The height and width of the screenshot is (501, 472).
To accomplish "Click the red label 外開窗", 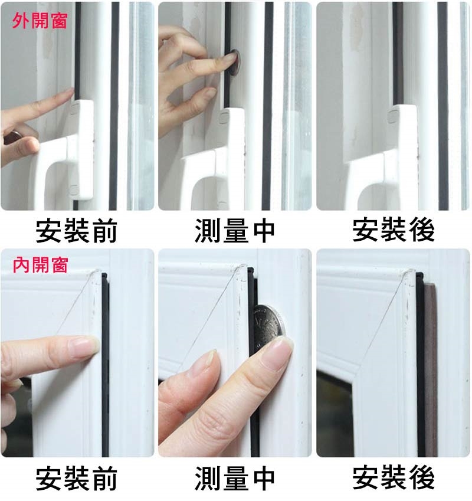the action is pyautogui.click(x=40, y=21).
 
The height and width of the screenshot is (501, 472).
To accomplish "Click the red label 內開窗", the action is pyautogui.click(x=40, y=264).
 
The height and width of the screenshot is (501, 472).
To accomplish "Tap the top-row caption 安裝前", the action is pyautogui.click(x=76, y=230).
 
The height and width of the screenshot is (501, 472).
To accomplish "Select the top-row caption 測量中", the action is pyautogui.click(x=235, y=230).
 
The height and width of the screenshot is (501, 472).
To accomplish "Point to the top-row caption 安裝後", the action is pyautogui.click(x=393, y=230).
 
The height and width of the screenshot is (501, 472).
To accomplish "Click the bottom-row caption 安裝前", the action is pyautogui.click(x=76, y=478).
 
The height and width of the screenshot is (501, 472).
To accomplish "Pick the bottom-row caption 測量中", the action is pyautogui.click(x=235, y=478).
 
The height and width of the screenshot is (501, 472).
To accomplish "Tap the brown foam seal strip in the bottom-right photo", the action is pyautogui.click(x=430, y=368).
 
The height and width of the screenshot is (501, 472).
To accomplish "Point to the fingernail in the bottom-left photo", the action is pyautogui.click(x=84, y=345).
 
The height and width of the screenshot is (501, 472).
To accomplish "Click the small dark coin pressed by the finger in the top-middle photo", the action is pyautogui.click(x=234, y=63).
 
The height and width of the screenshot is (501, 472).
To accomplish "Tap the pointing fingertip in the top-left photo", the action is pyautogui.click(x=68, y=92).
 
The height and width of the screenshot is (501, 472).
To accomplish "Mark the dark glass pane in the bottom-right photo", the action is pyautogui.click(x=334, y=415).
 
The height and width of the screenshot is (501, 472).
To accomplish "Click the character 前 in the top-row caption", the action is pyautogui.click(x=104, y=230).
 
